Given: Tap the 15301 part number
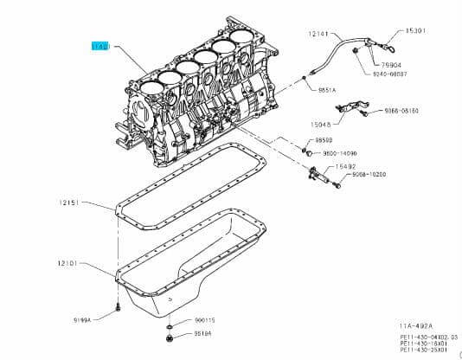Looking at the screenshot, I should pos(418,31).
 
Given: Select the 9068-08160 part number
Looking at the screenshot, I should pos(401,111).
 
